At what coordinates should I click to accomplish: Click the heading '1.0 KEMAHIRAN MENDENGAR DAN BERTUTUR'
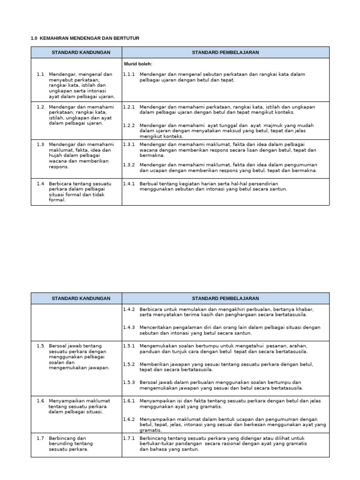tap(85, 37)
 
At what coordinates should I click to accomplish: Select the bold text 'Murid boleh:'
tap(138, 64)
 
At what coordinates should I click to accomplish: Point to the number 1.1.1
tap(129, 74)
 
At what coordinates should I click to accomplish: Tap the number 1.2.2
tap(129, 126)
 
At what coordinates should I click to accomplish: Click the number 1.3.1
tap(129, 144)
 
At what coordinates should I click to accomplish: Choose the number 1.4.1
tap(129, 183)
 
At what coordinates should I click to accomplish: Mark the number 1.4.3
tap(129, 327)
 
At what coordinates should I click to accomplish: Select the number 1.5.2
tap(129, 364)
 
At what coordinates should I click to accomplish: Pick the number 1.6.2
tap(129, 419)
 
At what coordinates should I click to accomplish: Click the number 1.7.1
tap(129, 438)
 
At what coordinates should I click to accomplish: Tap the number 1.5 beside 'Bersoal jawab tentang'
tap(40, 345)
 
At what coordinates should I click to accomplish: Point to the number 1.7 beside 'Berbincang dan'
tap(40, 438)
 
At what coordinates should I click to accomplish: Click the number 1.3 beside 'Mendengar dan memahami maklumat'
tap(40, 144)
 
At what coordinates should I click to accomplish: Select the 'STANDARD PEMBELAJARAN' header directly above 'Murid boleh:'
tap(225, 52)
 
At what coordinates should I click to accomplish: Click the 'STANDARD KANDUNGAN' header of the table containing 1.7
tap(81, 298)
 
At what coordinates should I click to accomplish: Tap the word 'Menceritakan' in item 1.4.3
tap(155, 327)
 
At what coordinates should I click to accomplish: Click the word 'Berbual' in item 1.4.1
tap(149, 183)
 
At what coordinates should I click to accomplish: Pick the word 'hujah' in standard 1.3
tap(56, 156)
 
